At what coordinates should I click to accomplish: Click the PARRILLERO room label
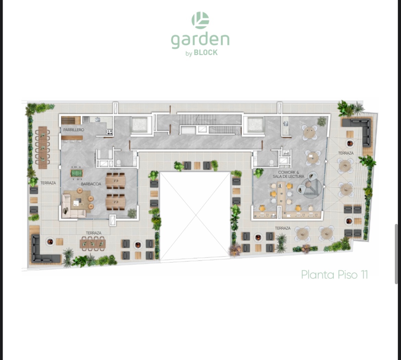pos(74,130)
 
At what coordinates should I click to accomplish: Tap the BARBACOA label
pos(91,184)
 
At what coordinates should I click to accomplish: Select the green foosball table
pos(76,173)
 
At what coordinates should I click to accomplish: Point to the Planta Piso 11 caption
pos(335,275)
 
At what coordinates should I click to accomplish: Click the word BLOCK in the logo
pos(206,52)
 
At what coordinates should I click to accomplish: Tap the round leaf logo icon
pos(200,20)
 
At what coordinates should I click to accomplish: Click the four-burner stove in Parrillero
pos(109,132)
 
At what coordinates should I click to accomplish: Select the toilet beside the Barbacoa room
pos(118,163)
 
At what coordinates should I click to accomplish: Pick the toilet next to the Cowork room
pos(271,163)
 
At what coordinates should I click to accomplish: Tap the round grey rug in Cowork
pos(311,188)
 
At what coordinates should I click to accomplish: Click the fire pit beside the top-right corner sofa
pos(350,143)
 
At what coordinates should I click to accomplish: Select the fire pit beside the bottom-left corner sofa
pos(50,241)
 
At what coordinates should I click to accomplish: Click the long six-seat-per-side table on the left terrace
pos(43,147)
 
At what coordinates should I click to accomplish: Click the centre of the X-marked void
pos(195,216)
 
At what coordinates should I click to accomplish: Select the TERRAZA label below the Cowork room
pos(283,228)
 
